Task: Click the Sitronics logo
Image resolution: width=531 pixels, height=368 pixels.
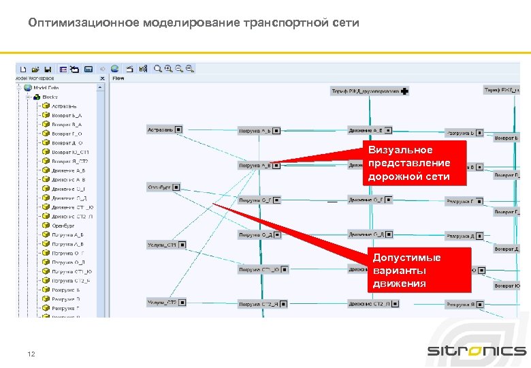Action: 477,351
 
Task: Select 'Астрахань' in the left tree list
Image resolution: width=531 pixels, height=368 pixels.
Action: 65,106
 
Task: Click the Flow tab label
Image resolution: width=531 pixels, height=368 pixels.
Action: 118,78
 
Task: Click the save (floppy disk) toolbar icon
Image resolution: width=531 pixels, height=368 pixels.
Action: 48,69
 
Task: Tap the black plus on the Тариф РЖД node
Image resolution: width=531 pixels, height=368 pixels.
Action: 405,91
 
